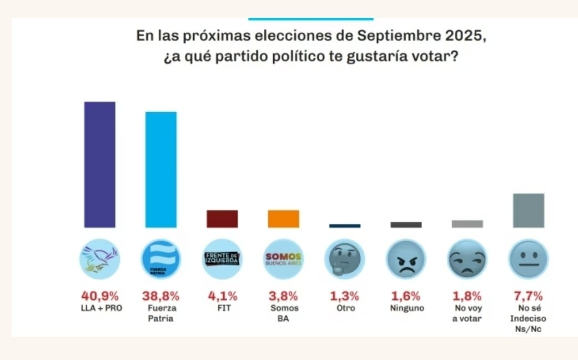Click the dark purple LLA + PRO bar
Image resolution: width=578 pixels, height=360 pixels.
(99, 164)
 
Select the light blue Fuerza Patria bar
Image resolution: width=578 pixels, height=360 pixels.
(161, 169)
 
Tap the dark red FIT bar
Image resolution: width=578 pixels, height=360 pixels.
(222, 219)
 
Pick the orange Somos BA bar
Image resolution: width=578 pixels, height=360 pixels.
(284, 219)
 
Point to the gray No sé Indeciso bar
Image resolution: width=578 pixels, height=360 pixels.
(529, 211)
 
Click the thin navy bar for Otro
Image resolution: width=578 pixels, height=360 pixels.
(345, 226)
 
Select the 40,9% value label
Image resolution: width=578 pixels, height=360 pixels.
(99, 295)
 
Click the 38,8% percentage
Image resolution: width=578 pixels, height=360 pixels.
(161, 295)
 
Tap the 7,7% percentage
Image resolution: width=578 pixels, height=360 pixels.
(529, 295)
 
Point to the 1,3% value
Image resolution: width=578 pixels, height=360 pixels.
(345, 295)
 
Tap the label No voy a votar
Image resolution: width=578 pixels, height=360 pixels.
(467, 313)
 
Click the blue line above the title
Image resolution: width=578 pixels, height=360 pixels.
(310, 19)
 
